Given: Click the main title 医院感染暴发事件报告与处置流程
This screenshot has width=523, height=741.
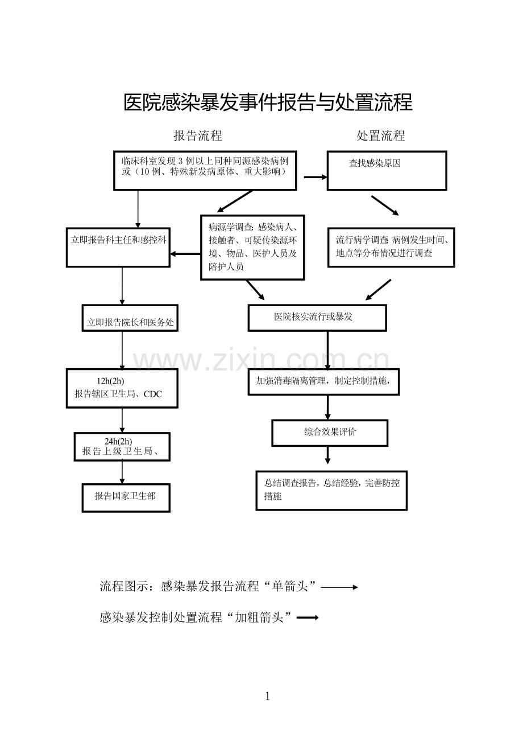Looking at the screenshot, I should click(x=268, y=103).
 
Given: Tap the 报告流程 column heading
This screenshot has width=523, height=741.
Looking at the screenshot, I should click(x=198, y=135).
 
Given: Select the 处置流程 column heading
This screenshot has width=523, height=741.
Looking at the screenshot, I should click(x=381, y=135).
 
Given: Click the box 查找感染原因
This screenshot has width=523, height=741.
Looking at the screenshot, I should click(x=387, y=170).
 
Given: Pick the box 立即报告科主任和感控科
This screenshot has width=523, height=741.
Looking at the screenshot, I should click(x=118, y=247).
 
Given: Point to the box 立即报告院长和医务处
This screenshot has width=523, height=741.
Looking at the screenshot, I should click(x=130, y=318).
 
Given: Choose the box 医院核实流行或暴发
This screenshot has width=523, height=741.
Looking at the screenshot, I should click(x=317, y=318).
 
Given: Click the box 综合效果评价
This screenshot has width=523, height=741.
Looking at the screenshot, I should click(x=330, y=433).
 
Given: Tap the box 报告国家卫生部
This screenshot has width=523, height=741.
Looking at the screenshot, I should click(x=126, y=497).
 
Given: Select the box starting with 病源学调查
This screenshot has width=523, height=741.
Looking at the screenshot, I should click(x=252, y=247).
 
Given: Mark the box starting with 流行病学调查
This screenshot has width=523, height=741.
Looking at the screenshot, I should click(x=391, y=247).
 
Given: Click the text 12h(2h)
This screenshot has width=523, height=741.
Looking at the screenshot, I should click(x=110, y=381).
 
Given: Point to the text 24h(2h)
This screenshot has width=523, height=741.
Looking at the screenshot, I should click(x=118, y=441).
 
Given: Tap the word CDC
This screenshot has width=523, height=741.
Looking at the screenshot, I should click(x=153, y=394).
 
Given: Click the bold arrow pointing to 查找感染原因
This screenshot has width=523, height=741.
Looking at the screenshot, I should click(x=316, y=177).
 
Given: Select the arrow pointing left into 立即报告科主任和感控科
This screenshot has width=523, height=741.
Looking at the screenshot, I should click(x=185, y=254).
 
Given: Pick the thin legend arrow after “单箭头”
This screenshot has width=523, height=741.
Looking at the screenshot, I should click(x=339, y=587).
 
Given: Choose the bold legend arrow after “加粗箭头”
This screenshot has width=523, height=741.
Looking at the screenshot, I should click(x=308, y=617).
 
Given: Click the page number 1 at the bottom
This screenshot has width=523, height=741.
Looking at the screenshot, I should click(x=268, y=696).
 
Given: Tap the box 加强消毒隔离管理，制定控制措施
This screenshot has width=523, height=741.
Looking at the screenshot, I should click(x=323, y=381).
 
